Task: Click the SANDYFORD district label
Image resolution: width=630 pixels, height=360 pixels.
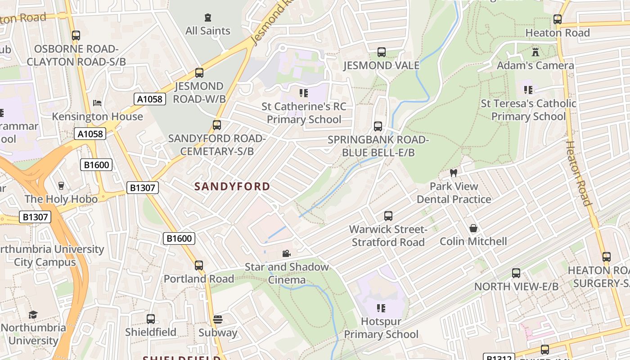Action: point(232,186)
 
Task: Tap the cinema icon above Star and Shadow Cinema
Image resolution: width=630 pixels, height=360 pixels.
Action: point(286,254)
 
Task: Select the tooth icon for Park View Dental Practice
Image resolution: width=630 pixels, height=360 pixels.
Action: point(454,173)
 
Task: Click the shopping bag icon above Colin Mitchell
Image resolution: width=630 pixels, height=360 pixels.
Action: point(473,228)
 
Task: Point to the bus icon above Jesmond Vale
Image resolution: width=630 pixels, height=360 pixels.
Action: point(382,52)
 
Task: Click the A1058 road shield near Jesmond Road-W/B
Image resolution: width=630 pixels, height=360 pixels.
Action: point(150,99)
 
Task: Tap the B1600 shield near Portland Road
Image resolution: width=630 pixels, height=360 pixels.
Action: point(179,238)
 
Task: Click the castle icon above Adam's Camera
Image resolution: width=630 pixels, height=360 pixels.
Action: point(535,52)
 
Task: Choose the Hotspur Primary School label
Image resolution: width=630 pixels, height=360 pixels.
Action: point(381,328)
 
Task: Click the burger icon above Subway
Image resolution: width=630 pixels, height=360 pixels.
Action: point(218,319)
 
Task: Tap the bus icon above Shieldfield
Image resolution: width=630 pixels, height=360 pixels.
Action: point(151,319)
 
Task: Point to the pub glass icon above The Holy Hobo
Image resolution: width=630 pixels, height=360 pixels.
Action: point(61,186)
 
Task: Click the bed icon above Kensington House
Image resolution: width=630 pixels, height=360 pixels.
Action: point(97,103)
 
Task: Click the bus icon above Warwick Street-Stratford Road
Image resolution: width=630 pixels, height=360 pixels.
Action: point(388,216)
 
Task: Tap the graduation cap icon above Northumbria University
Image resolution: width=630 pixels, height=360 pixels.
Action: point(33,315)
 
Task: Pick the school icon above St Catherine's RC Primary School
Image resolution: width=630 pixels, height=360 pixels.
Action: point(304,93)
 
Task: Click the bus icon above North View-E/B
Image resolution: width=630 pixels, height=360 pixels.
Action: point(516,273)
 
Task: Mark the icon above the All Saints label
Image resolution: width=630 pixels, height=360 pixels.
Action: point(207,18)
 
